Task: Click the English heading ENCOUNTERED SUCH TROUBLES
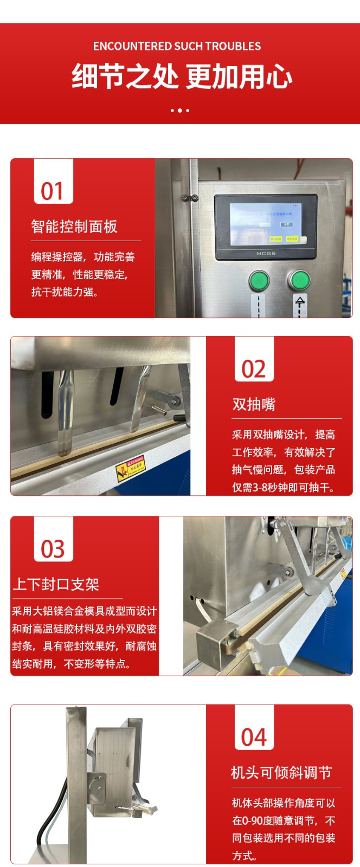[x=177, y=46]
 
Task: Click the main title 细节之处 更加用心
[x=182, y=76]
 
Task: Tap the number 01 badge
[x=53, y=191]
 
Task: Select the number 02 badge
[x=254, y=369]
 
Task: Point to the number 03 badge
[x=53, y=549]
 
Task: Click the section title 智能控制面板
[x=74, y=227]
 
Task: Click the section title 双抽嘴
[x=254, y=404]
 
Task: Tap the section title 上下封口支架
[x=56, y=584]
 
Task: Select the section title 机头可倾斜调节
[x=281, y=772]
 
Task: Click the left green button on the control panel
[x=259, y=281]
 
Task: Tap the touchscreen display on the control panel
[x=266, y=224]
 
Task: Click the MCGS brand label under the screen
[x=266, y=253]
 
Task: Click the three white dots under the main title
[x=180, y=111]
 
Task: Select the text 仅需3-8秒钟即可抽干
[x=284, y=487]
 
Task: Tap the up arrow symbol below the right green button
[x=300, y=303]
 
